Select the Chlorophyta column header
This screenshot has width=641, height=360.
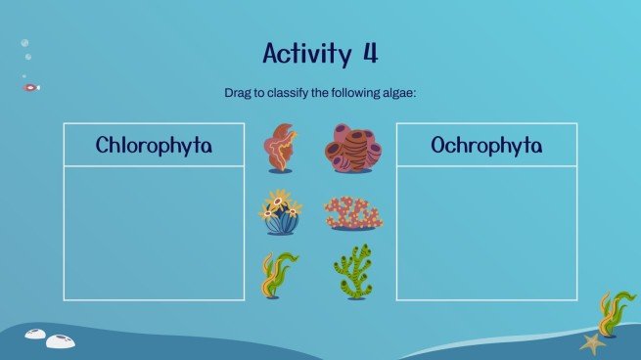click(154, 145)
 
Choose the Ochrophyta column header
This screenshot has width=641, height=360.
click(486, 145)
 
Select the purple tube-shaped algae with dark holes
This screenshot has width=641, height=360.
click(352, 148)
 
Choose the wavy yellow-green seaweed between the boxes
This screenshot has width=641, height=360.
click(278, 275)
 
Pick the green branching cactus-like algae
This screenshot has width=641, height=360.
click(352, 273)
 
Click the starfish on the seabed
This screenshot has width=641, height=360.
click(591, 343)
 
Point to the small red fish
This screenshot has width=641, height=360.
click(31, 87)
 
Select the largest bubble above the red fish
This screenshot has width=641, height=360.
click(24, 43)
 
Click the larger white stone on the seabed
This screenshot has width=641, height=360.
click(61, 340)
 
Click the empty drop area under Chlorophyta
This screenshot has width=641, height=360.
click(154, 232)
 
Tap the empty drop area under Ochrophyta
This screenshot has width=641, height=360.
click(486, 232)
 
